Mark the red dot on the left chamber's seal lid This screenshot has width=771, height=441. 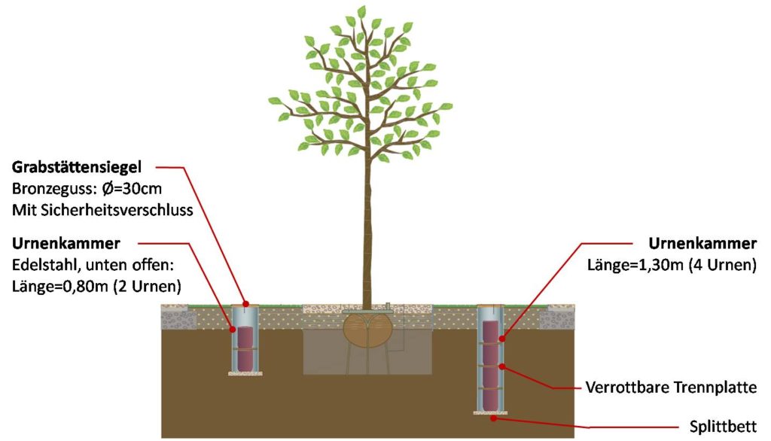point(245,303)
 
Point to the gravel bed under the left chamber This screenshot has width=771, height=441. point(245,374)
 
